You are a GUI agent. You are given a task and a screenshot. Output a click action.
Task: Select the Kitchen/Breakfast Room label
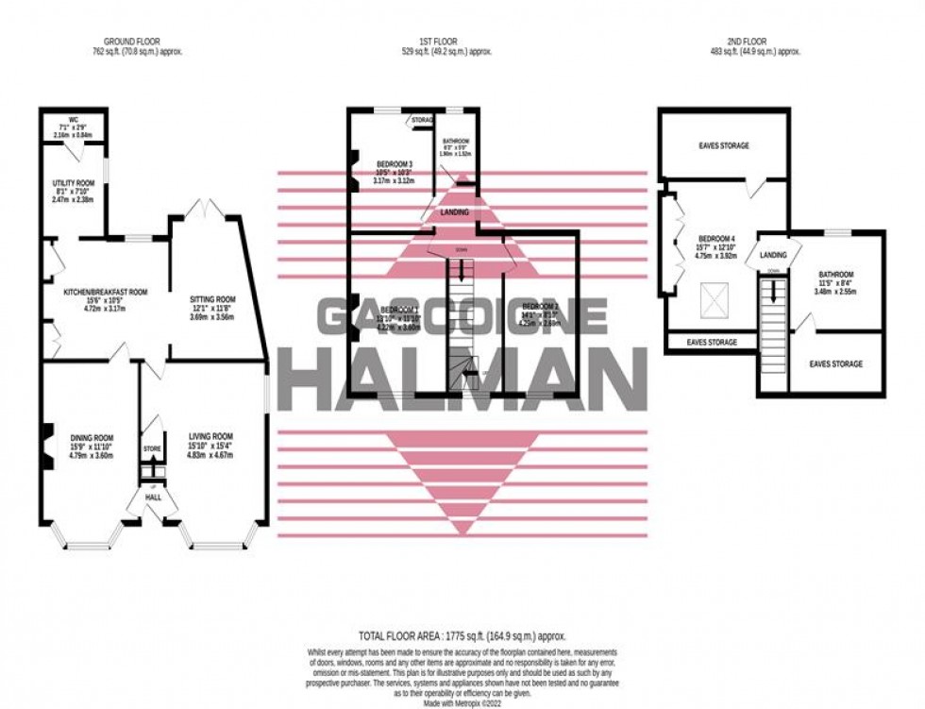[106, 293]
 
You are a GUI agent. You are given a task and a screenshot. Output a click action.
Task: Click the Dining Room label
[92, 437]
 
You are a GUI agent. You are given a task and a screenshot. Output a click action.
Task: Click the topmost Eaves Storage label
[724, 146]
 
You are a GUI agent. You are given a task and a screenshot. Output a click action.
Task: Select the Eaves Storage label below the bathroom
[835, 363]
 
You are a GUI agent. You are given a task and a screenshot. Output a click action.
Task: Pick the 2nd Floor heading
[753, 42]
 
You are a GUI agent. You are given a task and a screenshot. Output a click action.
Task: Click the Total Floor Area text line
[462, 637]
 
